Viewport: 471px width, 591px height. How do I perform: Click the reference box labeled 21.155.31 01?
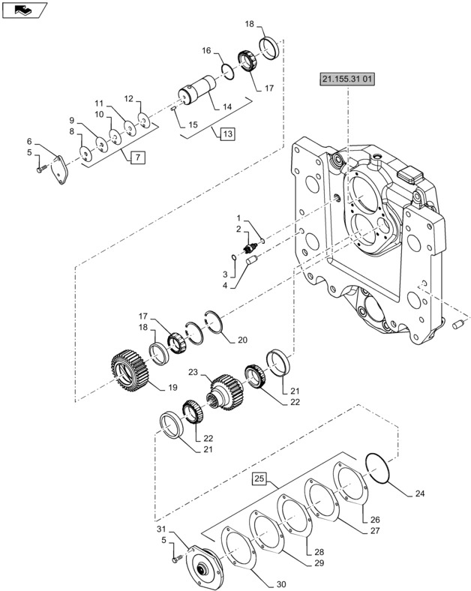pos(346,79)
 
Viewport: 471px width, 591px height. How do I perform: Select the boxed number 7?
pos(136,157)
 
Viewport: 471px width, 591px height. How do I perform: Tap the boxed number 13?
pos(227,134)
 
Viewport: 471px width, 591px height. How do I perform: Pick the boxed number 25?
pos(260,477)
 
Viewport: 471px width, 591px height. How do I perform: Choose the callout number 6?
pos(29,141)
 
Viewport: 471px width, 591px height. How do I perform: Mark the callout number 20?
pos(242,340)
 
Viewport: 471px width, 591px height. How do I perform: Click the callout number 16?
pos(205,51)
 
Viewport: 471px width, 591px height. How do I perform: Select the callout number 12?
pos(127,99)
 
